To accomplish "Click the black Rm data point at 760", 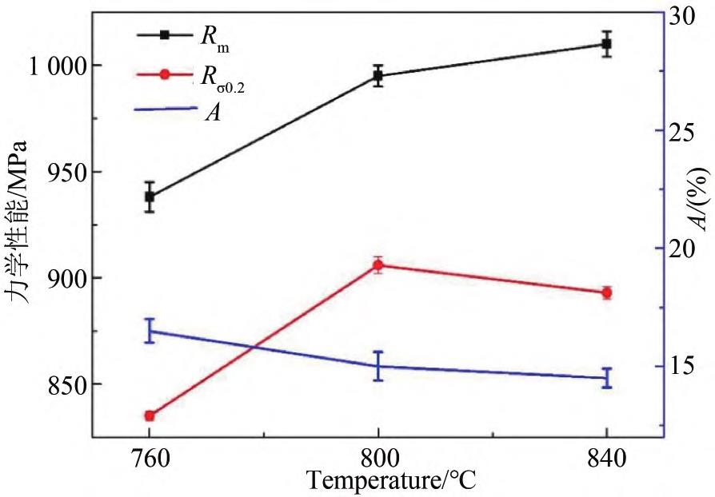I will tap(150, 197).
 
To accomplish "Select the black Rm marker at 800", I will tap(377, 76).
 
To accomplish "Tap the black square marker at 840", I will tap(607, 44).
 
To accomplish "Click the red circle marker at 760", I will tap(150, 415).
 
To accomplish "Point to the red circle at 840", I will tap(607, 293).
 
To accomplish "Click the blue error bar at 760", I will tap(150, 331).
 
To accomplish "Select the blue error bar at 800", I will tap(377, 366).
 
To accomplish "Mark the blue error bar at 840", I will tap(607, 378).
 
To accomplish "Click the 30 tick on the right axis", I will tap(686, 14).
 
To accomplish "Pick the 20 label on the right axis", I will tap(686, 248).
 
